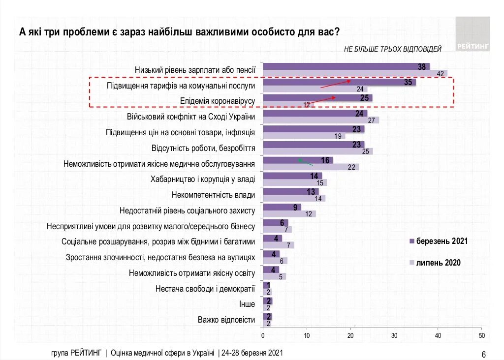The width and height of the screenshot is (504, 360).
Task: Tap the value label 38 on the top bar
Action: (422, 66)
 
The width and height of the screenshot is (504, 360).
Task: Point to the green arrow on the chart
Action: (305, 162)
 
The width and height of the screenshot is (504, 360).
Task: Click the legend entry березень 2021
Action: (438, 241)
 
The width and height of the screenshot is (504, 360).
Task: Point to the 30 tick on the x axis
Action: (394, 335)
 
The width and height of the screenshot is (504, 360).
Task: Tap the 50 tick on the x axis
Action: (481, 335)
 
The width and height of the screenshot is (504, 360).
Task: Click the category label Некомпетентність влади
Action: (214, 195)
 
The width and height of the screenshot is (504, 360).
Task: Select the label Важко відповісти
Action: (226, 320)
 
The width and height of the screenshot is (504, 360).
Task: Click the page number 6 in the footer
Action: (483, 355)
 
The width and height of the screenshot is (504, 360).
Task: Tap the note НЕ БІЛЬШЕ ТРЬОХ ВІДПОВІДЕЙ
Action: (392, 49)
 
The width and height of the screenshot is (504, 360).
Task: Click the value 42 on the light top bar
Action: (441, 74)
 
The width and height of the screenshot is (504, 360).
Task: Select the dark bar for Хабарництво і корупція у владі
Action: (292, 176)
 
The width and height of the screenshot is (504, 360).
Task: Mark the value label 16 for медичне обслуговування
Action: (325, 160)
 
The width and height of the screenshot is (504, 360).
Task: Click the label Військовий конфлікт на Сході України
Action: (191, 117)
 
